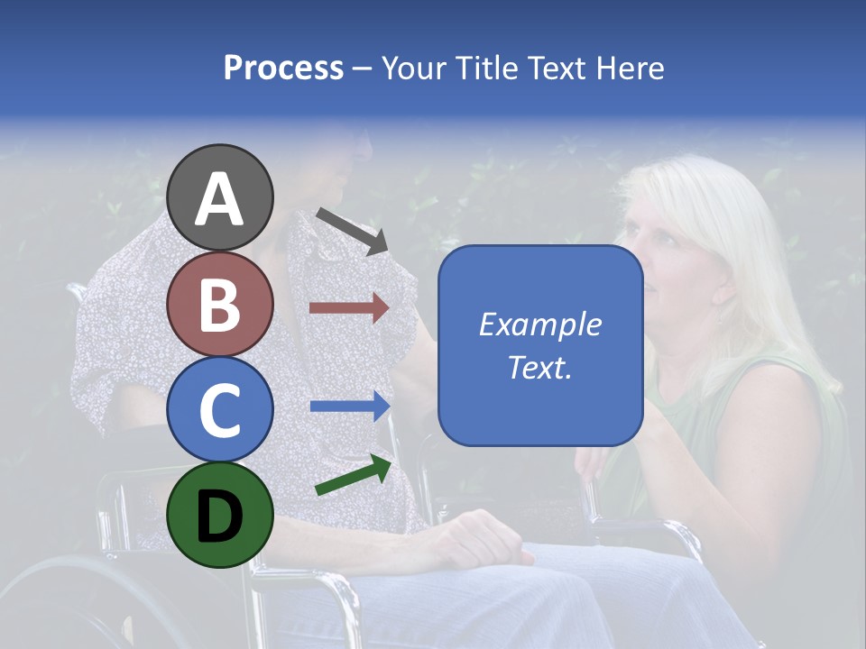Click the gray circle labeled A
[x=220, y=198]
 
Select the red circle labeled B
[x=220, y=305]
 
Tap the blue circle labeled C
[x=220, y=409]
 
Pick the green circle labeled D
[x=220, y=515]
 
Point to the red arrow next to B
[x=349, y=308]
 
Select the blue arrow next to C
[x=350, y=407]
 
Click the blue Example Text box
[x=540, y=345]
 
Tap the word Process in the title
[x=283, y=68]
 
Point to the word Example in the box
[x=540, y=324]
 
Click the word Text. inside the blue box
[x=540, y=367]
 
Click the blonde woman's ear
[x=723, y=287]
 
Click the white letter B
[x=220, y=305]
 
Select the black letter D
[x=220, y=515]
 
